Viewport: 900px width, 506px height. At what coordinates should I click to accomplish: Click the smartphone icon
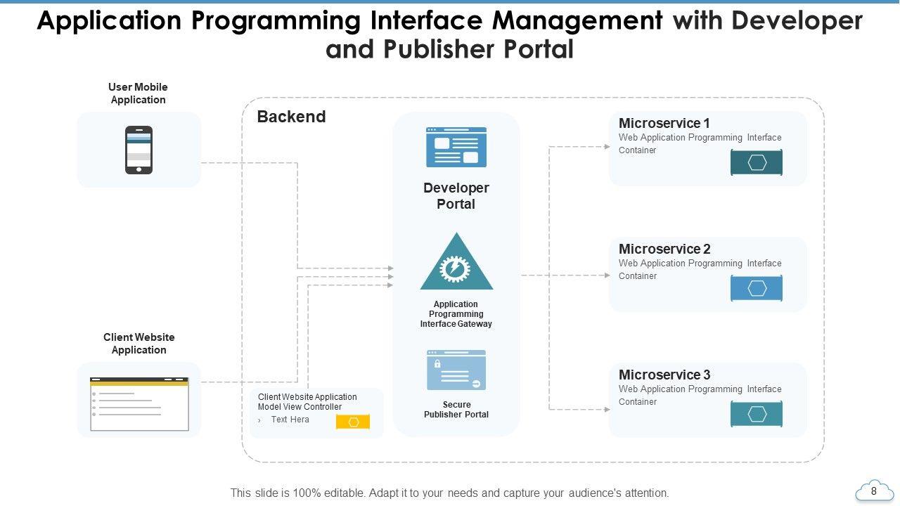pos(139,150)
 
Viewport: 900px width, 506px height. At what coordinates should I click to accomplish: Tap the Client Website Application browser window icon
pos(139,403)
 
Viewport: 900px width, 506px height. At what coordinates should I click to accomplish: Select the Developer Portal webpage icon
pos(456,147)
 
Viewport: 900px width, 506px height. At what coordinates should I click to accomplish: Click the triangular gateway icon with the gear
pos(456,264)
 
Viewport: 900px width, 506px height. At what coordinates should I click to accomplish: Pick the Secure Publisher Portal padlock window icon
pos(456,370)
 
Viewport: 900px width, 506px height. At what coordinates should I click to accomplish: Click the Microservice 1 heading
pos(664,124)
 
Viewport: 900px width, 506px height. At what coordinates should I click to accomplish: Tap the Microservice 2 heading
pos(664,249)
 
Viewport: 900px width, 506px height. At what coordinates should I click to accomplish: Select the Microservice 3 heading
pos(664,375)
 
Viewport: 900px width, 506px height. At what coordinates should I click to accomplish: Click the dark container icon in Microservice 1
pos(757,163)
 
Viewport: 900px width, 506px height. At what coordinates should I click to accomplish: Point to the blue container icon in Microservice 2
pos(757,289)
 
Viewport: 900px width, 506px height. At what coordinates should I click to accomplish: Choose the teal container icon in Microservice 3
pos(757,415)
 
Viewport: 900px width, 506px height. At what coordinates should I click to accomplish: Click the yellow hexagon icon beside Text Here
pos(353,422)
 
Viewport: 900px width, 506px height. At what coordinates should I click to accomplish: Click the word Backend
pos(291,117)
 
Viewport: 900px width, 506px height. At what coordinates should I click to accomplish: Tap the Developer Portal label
pos(456,196)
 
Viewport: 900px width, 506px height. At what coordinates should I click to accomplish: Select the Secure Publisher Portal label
pos(456,410)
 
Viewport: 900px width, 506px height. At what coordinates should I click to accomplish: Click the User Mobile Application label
pos(138,93)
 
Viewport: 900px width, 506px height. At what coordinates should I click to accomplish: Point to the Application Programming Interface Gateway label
pos(456,314)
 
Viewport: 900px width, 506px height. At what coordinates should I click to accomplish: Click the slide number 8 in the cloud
pos(874,491)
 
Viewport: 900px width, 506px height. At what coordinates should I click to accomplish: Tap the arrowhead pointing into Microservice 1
pos(607,147)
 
